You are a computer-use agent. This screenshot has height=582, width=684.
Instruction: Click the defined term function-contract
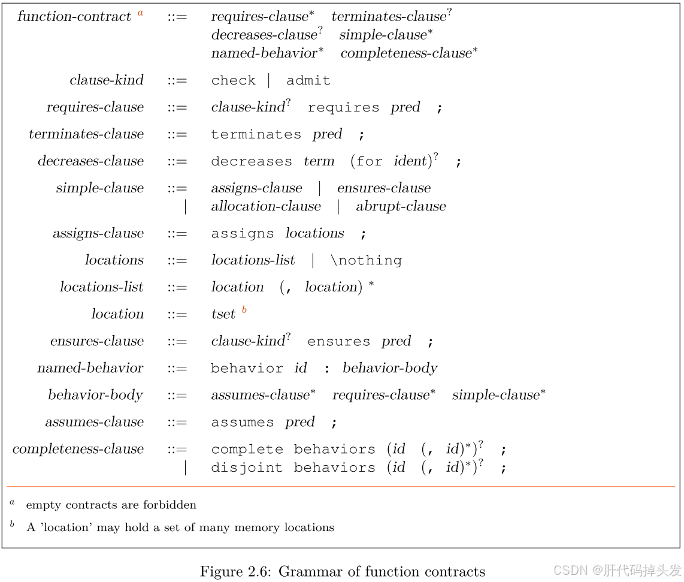point(74,16)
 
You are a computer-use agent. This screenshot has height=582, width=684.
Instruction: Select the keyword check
point(233,80)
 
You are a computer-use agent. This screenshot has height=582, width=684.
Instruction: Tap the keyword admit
point(308,80)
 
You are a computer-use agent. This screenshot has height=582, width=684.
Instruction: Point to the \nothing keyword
point(366,260)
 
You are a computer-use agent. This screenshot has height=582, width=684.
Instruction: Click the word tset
point(223,314)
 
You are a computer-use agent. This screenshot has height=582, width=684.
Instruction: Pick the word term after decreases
point(319,161)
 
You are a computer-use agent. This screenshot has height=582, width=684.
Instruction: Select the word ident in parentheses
point(410,161)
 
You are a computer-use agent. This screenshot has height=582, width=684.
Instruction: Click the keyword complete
point(247,449)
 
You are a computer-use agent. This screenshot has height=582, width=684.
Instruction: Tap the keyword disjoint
point(247,468)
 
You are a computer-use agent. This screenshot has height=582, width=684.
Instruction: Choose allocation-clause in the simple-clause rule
point(266,206)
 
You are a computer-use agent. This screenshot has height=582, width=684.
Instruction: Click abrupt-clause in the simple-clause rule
point(401,206)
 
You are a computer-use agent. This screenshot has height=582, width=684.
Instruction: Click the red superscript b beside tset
point(244,310)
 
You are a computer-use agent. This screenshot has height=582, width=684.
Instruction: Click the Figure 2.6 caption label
point(234,571)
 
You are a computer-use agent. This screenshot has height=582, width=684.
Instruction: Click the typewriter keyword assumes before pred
point(242,423)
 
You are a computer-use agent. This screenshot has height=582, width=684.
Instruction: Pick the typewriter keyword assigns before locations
point(242,233)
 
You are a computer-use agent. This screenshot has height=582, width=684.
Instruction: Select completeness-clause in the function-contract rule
point(406,53)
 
